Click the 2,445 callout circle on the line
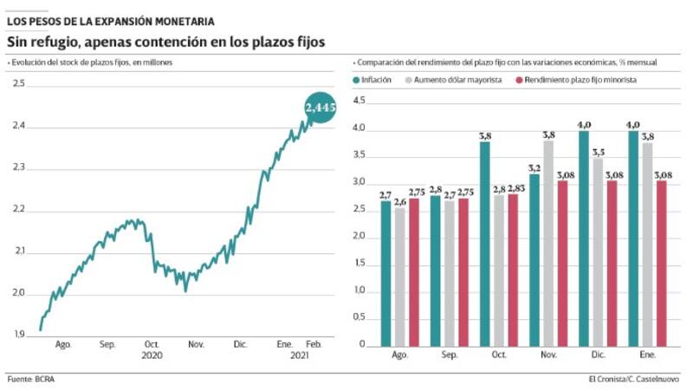point(320,108)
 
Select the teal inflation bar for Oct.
point(484,244)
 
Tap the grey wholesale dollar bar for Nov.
point(548,244)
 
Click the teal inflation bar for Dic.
point(583,238)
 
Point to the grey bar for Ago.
point(399,277)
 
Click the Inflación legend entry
point(373,80)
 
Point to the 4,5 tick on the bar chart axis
point(361,102)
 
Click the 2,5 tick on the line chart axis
point(18,84)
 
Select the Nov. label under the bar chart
point(547,355)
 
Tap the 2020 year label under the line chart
point(152,355)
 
